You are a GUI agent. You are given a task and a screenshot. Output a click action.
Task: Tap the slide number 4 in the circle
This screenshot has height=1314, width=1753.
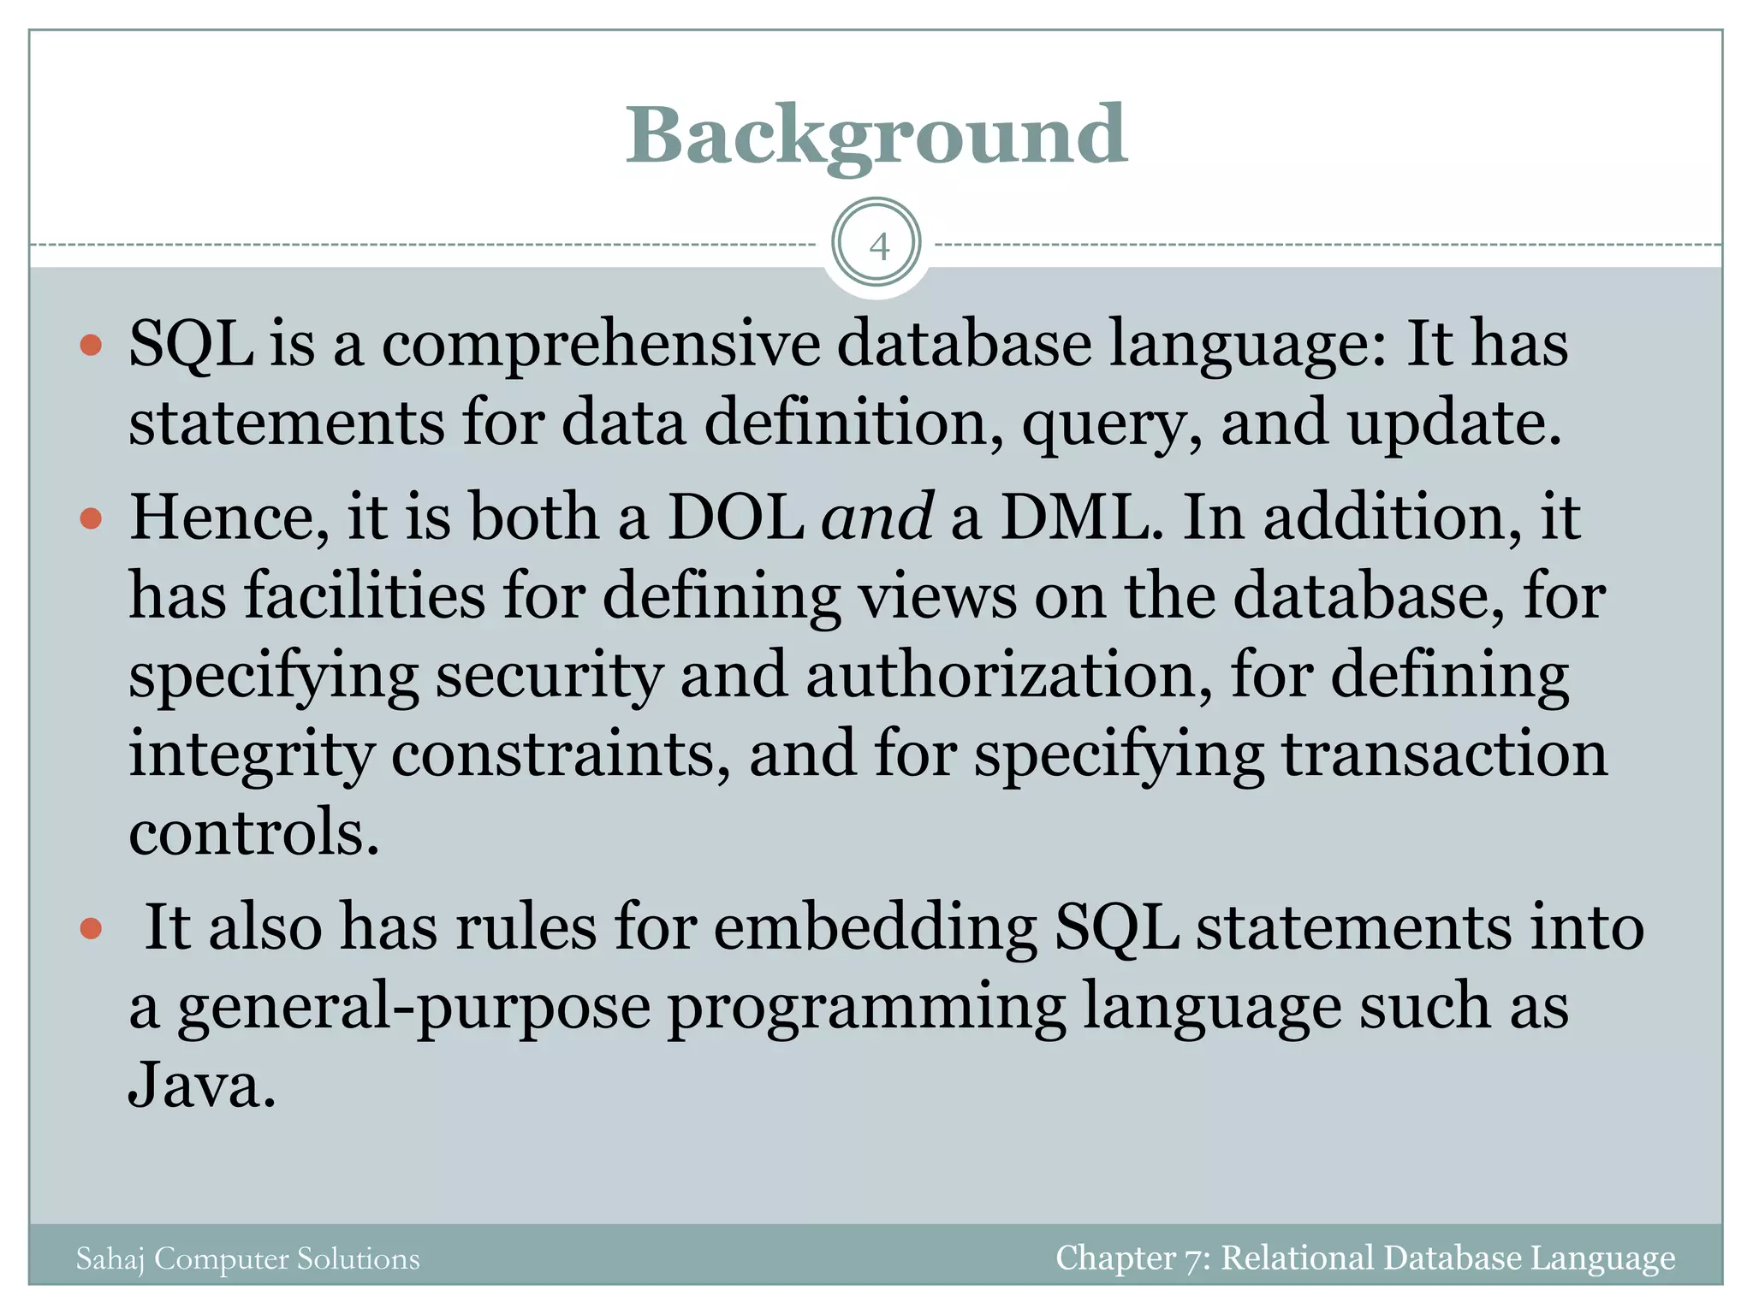coord(877,246)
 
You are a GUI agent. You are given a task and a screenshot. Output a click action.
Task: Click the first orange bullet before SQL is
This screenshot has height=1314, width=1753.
coord(91,346)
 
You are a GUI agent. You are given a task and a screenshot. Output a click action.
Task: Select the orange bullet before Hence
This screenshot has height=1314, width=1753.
coord(91,518)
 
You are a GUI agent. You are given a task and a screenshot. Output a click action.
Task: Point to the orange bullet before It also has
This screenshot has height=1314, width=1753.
coord(91,928)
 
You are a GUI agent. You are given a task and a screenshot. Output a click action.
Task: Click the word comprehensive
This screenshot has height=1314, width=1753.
coord(600,344)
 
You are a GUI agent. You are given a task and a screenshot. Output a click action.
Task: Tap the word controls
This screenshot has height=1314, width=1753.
coord(253,832)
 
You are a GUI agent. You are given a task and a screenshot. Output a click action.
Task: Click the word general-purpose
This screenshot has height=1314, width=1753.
coord(413,1007)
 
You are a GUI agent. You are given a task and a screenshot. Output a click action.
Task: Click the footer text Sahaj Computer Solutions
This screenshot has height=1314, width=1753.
coord(247,1259)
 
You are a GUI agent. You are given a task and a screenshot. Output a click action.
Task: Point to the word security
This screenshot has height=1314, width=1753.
coord(549,676)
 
